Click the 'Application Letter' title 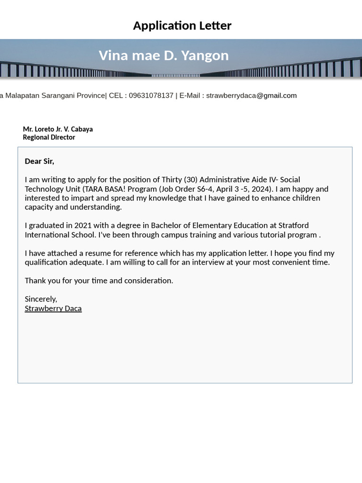182,25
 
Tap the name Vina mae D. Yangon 164,56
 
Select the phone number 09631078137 151,95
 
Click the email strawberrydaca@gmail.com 251,95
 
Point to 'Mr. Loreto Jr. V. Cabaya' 58,129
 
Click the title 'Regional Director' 49,137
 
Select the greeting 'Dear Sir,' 39,161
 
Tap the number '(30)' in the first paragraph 190,180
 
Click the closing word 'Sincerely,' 41,299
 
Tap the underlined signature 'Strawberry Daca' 53,308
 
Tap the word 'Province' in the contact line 91,95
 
